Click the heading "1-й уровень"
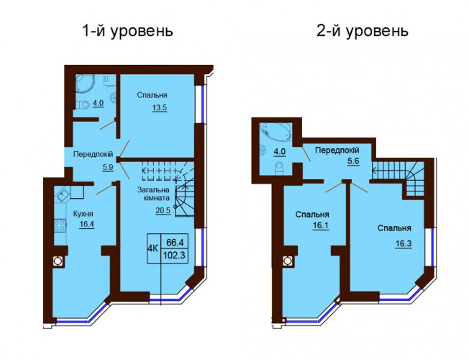pyautogui.click(x=127, y=31)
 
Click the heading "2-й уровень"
pyautogui.click(x=363, y=31)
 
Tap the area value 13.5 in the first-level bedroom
pyautogui.click(x=160, y=107)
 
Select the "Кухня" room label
pyautogui.click(x=83, y=214)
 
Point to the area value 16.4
pyautogui.click(x=87, y=225)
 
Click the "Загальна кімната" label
pyautogui.click(x=153, y=194)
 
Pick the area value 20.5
pyautogui.click(x=163, y=210)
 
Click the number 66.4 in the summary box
pyautogui.click(x=175, y=241)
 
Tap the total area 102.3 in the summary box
pyautogui.click(x=174, y=256)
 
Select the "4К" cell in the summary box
pyautogui.click(x=153, y=248)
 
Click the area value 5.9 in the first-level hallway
pyautogui.click(x=107, y=168)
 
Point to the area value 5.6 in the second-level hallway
pyautogui.click(x=353, y=161)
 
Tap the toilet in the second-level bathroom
pyautogui.click(x=278, y=168)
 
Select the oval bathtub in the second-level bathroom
pyautogui.click(x=276, y=132)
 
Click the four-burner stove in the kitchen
pyautogui.click(x=60, y=225)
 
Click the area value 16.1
pyautogui.click(x=321, y=225)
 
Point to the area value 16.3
pyautogui.click(x=404, y=244)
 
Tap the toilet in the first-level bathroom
pyautogui.click(x=82, y=104)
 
